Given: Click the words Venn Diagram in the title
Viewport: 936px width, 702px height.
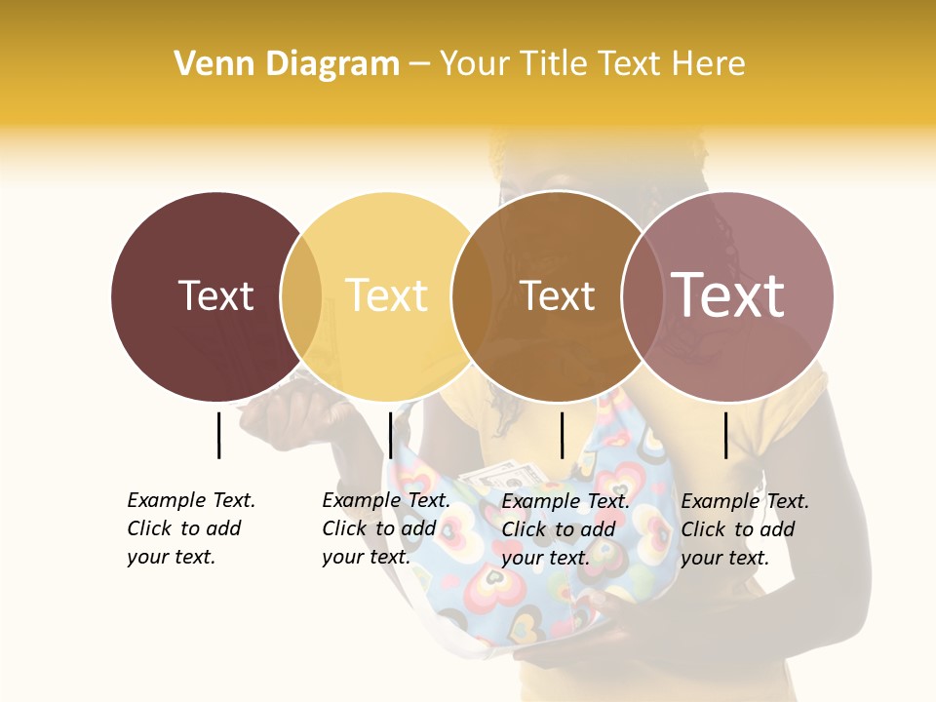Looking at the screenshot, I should (x=287, y=64).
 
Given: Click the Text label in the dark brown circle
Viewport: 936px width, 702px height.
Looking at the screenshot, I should (x=215, y=295).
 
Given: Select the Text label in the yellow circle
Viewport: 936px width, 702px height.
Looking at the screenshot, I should (x=386, y=295).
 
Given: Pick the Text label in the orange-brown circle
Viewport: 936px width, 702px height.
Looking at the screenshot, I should (x=557, y=295).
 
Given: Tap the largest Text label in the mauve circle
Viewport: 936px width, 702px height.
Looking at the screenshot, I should (x=727, y=294).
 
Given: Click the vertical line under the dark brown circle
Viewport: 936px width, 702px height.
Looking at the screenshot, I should (x=218, y=435).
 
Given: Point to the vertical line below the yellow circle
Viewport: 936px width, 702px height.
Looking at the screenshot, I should (x=390, y=435).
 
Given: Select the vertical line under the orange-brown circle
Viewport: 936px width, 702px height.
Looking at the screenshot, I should (x=562, y=435).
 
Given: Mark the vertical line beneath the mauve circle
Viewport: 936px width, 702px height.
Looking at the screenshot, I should (x=725, y=435).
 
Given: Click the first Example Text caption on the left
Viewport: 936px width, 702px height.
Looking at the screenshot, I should (x=190, y=528).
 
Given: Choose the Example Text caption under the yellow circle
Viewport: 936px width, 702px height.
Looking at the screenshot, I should (x=385, y=528).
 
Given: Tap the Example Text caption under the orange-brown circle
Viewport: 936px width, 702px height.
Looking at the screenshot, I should (x=565, y=529).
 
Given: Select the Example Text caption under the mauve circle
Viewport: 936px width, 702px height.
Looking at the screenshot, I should (x=744, y=529).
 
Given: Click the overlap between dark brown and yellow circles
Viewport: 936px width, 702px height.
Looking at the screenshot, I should (x=301, y=295).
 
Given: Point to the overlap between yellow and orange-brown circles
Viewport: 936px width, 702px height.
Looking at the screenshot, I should (x=472, y=295).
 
